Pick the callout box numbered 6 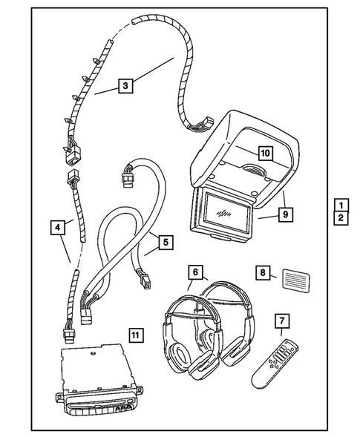(194, 272)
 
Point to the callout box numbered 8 (263, 272)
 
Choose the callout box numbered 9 (285, 214)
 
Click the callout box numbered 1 (340, 205)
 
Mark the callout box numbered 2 (340, 218)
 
